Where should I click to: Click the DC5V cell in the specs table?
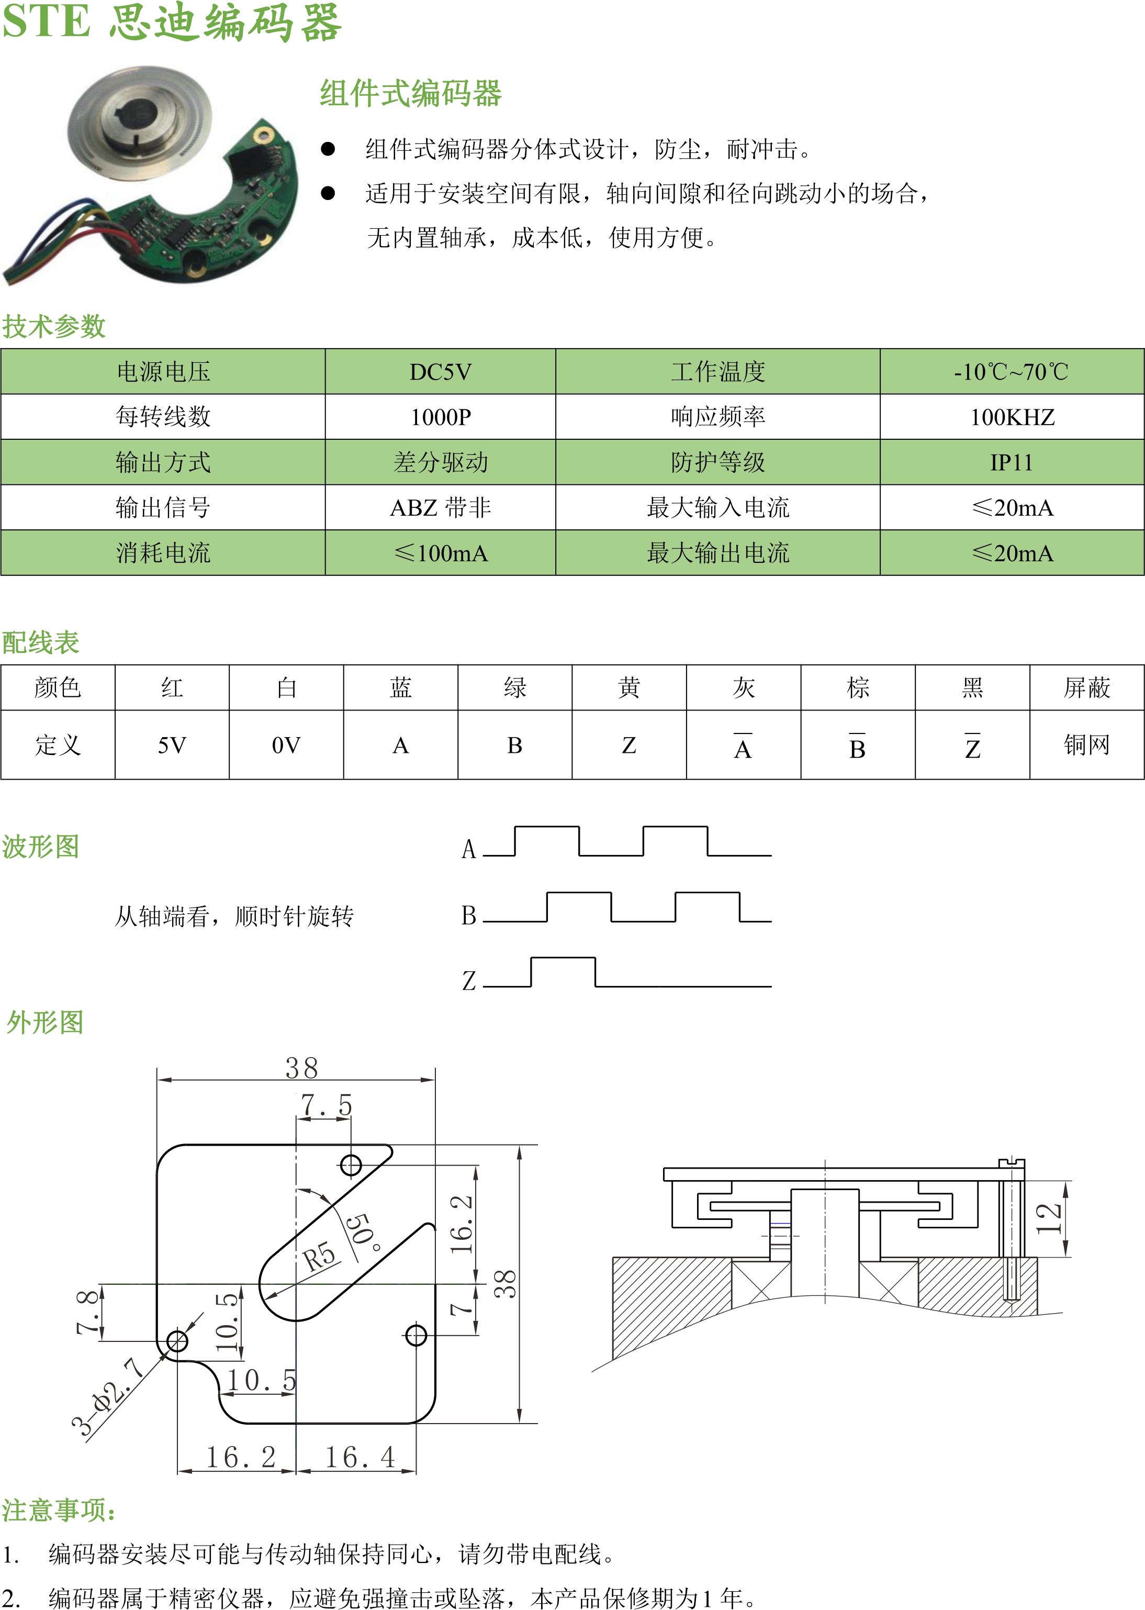point(440,372)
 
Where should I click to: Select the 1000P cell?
point(440,417)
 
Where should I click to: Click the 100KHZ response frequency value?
point(1011,417)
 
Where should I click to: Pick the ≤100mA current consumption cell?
point(440,553)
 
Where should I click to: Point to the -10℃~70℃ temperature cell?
point(1011,372)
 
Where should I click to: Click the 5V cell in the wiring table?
point(172,745)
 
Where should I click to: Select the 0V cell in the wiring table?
point(286,745)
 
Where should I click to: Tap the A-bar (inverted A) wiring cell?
point(743,745)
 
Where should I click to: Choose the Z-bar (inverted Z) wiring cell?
point(972,745)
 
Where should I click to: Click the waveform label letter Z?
point(469,980)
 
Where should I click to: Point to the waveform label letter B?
point(469,915)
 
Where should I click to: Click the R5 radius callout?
point(319,1256)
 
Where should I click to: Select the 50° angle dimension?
point(365,1231)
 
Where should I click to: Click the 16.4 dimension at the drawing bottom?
point(360,1457)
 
